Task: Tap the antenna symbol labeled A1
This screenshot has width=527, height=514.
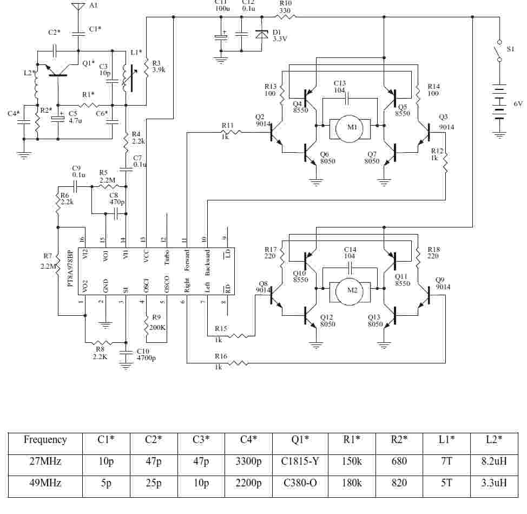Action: (78, 6)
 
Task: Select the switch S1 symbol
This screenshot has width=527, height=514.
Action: (499, 51)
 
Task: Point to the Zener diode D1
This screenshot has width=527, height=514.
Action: (261, 34)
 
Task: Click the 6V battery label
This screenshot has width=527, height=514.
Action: (518, 104)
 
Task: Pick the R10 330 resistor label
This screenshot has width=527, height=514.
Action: (285, 7)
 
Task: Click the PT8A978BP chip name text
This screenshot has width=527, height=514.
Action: (70, 268)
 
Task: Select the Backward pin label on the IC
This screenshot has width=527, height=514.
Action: (208, 262)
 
